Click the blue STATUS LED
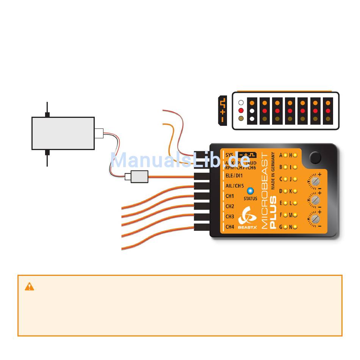pos(250,191)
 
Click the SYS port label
pos(229,155)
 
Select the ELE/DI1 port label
pos(234,176)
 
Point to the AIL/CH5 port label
pos(235,186)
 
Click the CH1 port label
pos(230,196)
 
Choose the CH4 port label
pos(230,227)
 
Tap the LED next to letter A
pos(285,155)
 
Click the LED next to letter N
pos(295,227)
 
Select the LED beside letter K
pos(295,191)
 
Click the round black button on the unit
pos(315,157)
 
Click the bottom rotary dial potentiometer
pos(315,219)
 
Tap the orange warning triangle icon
pos(30,287)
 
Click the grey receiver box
pos(63,133)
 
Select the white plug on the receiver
pos(99,133)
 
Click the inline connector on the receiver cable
pos(136,176)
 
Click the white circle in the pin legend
pos(240,103)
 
